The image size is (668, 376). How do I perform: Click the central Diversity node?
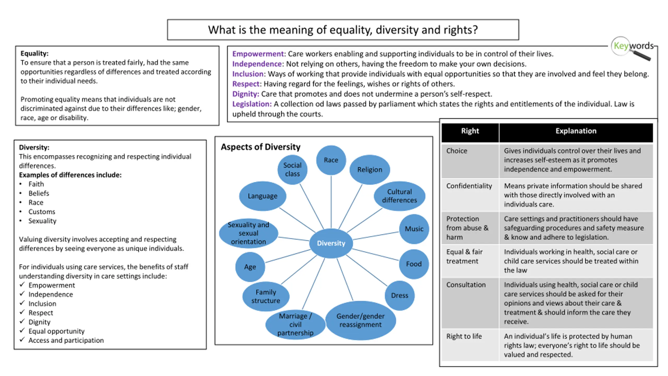pyautogui.click(x=331, y=243)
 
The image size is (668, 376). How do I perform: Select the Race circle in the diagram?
pyautogui.click(x=331, y=160)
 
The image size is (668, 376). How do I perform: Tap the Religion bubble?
pyautogui.click(x=369, y=169)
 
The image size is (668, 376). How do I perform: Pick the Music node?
pyautogui.click(x=414, y=229)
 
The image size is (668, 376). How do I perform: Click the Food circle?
pyautogui.click(x=414, y=264)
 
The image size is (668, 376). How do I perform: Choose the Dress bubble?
pyautogui.click(x=399, y=295)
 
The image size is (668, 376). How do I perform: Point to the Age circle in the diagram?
pyautogui.click(x=250, y=267)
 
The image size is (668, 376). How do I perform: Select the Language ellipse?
pyautogui.click(x=263, y=196)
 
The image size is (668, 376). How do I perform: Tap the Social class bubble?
pyautogui.click(x=292, y=169)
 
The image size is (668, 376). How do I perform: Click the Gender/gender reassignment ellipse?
pyautogui.click(x=360, y=320)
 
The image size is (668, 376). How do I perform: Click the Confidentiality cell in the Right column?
pyautogui.click(x=469, y=186)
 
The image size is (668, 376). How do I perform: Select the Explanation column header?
pyautogui.click(x=576, y=131)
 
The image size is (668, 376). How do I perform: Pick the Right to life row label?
pyautogui.click(x=464, y=336)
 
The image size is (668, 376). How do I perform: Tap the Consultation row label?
pyautogui.click(x=466, y=285)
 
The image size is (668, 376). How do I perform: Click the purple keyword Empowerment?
pyautogui.click(x=258, y=54)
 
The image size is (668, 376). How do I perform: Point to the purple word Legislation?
pyautogui.click(x=252, y=104)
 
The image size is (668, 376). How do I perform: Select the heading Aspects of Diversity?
pyautogui.click(x=260, y=147)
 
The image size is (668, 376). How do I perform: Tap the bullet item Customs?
pyautogui.click(x=42, y=211)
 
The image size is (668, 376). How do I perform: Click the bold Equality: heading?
pyautogui.click(x=34, y=54)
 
